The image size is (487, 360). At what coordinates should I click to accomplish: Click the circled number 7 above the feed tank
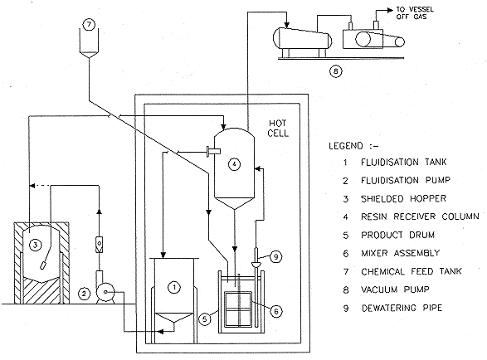pos(89,25)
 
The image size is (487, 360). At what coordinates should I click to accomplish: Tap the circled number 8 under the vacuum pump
pos(335,71)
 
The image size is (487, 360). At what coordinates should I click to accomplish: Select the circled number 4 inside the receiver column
pos(234,163)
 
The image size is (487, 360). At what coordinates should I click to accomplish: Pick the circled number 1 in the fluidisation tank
pos(174,287)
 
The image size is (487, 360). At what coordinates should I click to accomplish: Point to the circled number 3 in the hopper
pos(35,245)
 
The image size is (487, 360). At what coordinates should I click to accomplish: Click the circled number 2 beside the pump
pos(84,293)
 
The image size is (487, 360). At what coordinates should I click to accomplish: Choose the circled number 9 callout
pos(275,257)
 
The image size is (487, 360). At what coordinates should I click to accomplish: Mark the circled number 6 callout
pos(276,311)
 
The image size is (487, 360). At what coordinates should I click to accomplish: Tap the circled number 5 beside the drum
pos(205,319)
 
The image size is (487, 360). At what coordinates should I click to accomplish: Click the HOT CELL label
pos(278,129)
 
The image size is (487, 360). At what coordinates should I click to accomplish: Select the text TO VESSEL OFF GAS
pos(415,13)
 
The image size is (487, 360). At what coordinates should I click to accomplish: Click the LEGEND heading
pos(353,146)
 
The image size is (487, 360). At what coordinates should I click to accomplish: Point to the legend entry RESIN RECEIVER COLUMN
pos(420,216)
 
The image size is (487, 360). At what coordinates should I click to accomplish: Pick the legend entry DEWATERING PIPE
pos(402,308)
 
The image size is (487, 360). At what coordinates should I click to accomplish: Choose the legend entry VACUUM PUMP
pos(395,289)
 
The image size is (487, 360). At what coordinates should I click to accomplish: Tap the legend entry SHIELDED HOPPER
pos(403,198)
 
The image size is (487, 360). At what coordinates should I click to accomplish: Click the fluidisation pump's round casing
pos(105,292)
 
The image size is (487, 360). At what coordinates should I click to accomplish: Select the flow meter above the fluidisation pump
pos(99,245)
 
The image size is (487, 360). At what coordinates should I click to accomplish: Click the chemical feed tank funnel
pos(89,43)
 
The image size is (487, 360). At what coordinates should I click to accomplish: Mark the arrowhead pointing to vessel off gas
pos(390,11)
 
